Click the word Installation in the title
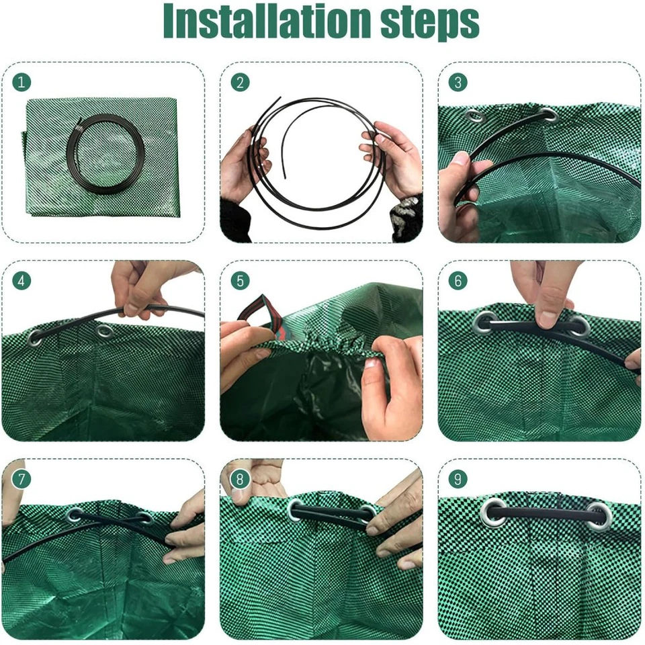coord(267,22)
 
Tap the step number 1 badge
coord(22,82)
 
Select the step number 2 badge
coord(240,82)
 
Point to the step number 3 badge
coord(458,82)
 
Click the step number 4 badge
coord(22,280)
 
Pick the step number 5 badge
coord(240,280)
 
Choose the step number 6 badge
coord(458,280)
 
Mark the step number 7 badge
coord(22,478)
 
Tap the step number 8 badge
coord(240,478)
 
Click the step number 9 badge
coord(458,478)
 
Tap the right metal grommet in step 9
coord(598,515)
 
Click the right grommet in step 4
coord(104,331)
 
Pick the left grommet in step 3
coord(475,117)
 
